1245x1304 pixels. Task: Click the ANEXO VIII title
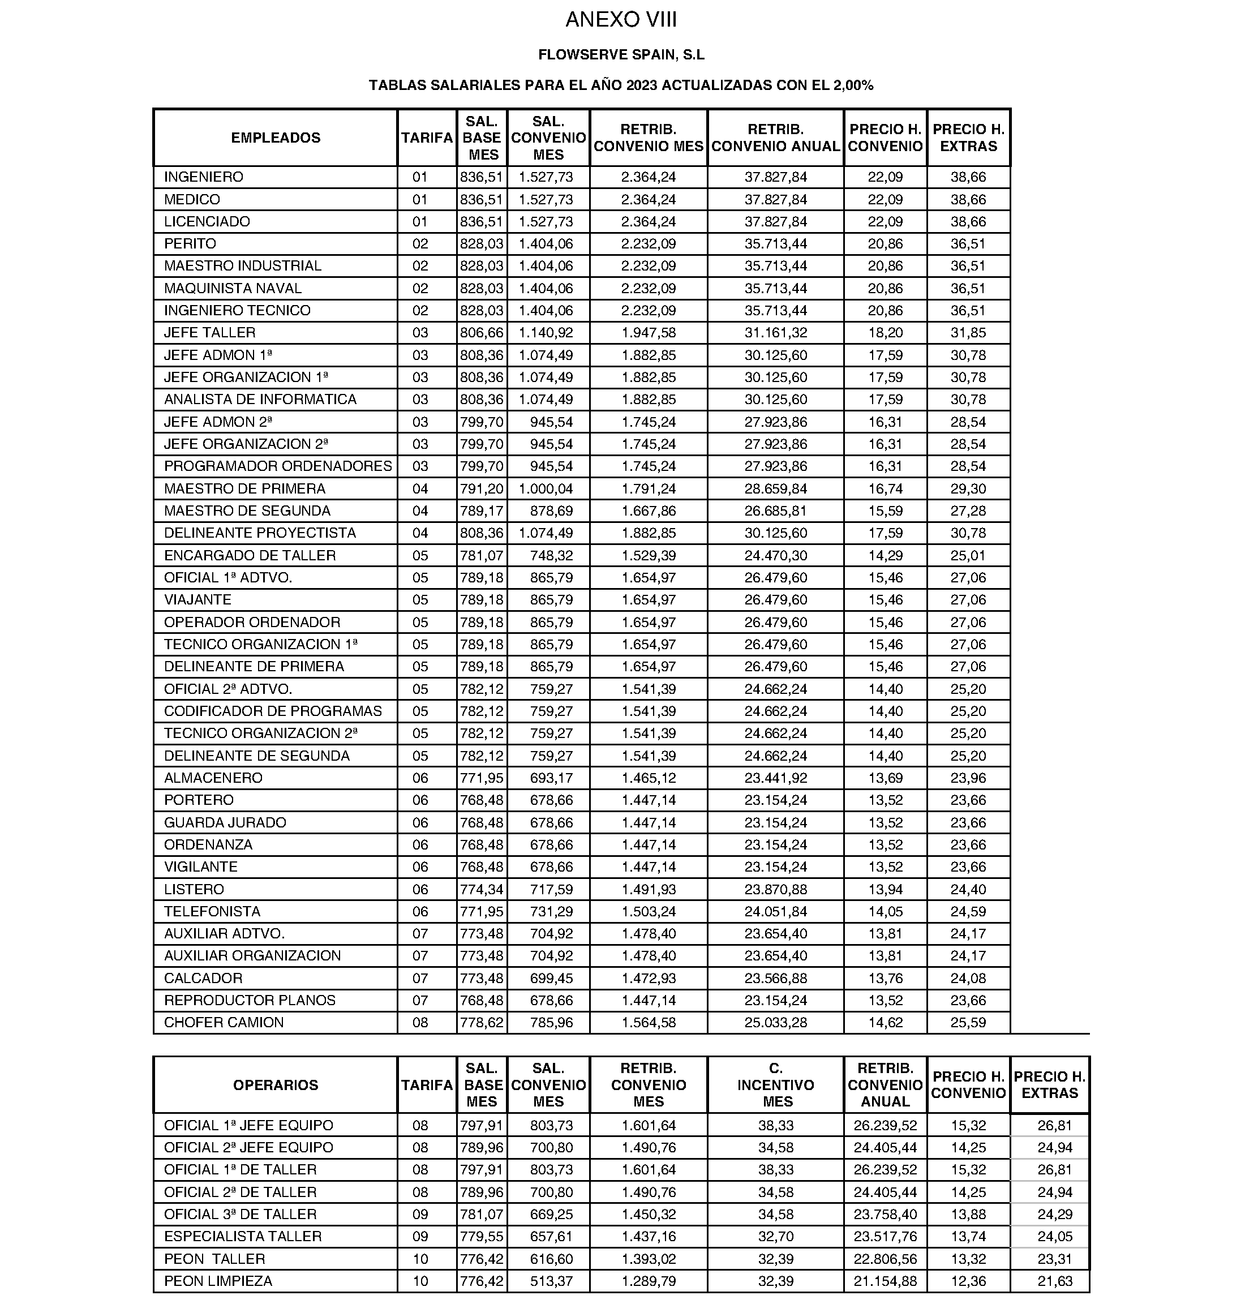(621, 20)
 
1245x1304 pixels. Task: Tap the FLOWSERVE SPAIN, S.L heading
(621, 55)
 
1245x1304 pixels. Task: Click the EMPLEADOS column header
(276, 138)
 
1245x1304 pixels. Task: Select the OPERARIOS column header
(276, 1085)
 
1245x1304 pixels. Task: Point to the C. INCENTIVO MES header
(776, 1085)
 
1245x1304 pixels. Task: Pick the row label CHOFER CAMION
(224, 1023)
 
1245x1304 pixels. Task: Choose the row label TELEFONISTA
(212, 911)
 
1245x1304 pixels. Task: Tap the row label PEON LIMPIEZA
(218, 1281)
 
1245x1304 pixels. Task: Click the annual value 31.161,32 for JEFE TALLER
(776, 332)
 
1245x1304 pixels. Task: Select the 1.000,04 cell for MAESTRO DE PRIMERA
(546, 488)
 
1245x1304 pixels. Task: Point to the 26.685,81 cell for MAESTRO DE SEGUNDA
(776, 511)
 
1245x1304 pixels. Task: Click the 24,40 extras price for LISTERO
(968, 889)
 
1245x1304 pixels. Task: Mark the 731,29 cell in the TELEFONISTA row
(552, 911)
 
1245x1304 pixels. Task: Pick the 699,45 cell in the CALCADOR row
(552, 978)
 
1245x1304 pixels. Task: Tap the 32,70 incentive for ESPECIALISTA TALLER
(776, 1236)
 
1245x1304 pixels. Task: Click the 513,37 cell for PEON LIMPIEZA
(552, 1281)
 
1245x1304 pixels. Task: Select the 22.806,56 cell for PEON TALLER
(885, 1259)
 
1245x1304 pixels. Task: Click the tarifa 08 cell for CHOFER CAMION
(420, 1023)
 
